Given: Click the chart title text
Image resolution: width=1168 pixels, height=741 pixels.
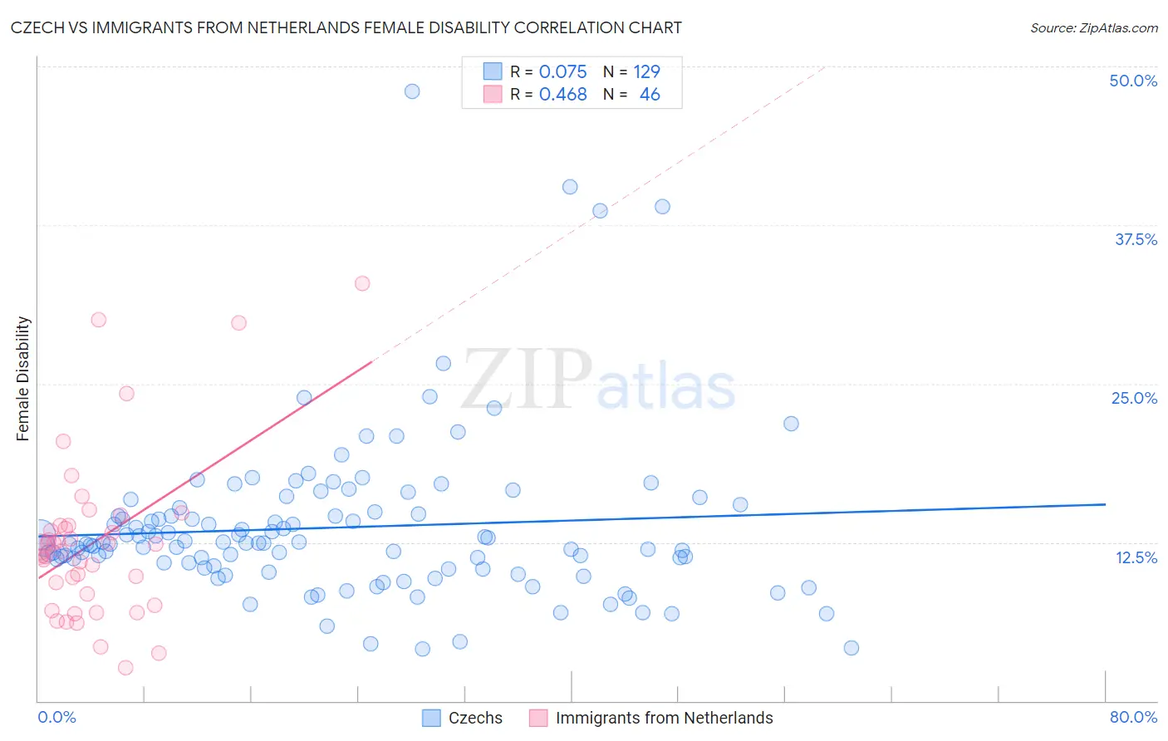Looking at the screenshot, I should (x=346, y=27).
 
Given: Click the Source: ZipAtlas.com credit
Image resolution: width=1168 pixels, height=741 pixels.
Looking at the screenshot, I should (x=1093, y=27).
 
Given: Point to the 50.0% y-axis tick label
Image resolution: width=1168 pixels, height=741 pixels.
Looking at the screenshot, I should (x=1133, y=81).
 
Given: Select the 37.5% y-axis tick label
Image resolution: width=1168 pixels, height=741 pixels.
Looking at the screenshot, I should (x=1136, y=239).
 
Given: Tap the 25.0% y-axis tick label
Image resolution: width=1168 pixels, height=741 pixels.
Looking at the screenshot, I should (x=1134, y=398).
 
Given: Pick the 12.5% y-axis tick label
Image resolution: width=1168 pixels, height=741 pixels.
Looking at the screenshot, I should (x=1136, y=557).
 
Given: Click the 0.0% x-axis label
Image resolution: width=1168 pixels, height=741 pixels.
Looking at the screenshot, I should (x=56, y=717).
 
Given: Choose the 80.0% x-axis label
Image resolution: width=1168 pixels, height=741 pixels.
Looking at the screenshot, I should (x=1133, y=717).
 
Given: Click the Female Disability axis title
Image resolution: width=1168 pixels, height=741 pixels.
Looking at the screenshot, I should (x=23, y=378).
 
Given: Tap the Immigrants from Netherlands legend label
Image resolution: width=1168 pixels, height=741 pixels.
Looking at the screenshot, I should (x=664, y=718).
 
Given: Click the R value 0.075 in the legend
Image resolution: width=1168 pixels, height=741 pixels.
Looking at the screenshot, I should (x=562, y=71).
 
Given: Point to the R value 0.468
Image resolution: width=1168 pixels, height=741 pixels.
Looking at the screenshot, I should (x=562, y=95).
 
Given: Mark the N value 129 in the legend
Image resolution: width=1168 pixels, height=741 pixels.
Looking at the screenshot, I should (x=646, y=71).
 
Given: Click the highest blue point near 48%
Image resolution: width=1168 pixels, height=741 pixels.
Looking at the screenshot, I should (x=412, y=91).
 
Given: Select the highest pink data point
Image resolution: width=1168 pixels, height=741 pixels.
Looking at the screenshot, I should (x=362, y=283).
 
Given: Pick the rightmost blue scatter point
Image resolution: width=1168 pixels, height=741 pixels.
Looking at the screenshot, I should (x=851, y=648).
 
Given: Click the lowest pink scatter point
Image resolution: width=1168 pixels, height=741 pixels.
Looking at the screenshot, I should (x=125, y=668).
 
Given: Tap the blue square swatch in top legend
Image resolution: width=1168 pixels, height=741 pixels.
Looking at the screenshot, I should (x=493, y=71).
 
